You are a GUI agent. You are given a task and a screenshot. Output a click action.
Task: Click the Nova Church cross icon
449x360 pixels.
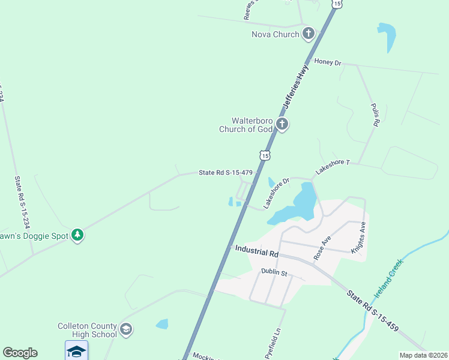click(x=309, y=34)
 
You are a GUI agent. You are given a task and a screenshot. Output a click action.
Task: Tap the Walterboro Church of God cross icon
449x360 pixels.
click(x=282, y=125)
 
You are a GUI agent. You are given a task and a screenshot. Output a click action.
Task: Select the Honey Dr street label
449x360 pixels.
click(x=327, y=62)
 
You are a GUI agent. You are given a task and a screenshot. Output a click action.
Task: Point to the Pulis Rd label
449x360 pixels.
click(x=375, y=114)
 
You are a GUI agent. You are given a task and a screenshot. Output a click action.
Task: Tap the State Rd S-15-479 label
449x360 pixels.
click(x=226, y=173)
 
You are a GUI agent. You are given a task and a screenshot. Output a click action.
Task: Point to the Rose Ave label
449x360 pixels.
click(x=322, y=247)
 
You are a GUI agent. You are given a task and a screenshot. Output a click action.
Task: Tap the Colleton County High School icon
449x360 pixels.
click(x=126, y=329)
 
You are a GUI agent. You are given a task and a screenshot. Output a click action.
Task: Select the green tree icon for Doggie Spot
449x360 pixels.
click(x=77, y=235)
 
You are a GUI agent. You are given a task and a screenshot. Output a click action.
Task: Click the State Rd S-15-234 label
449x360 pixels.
click(x=17, y=201)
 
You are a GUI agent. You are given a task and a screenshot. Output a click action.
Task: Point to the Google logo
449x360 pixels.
click(x=20, y=353)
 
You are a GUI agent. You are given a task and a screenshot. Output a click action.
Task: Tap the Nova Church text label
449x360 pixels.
click(x=275, y=34)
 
